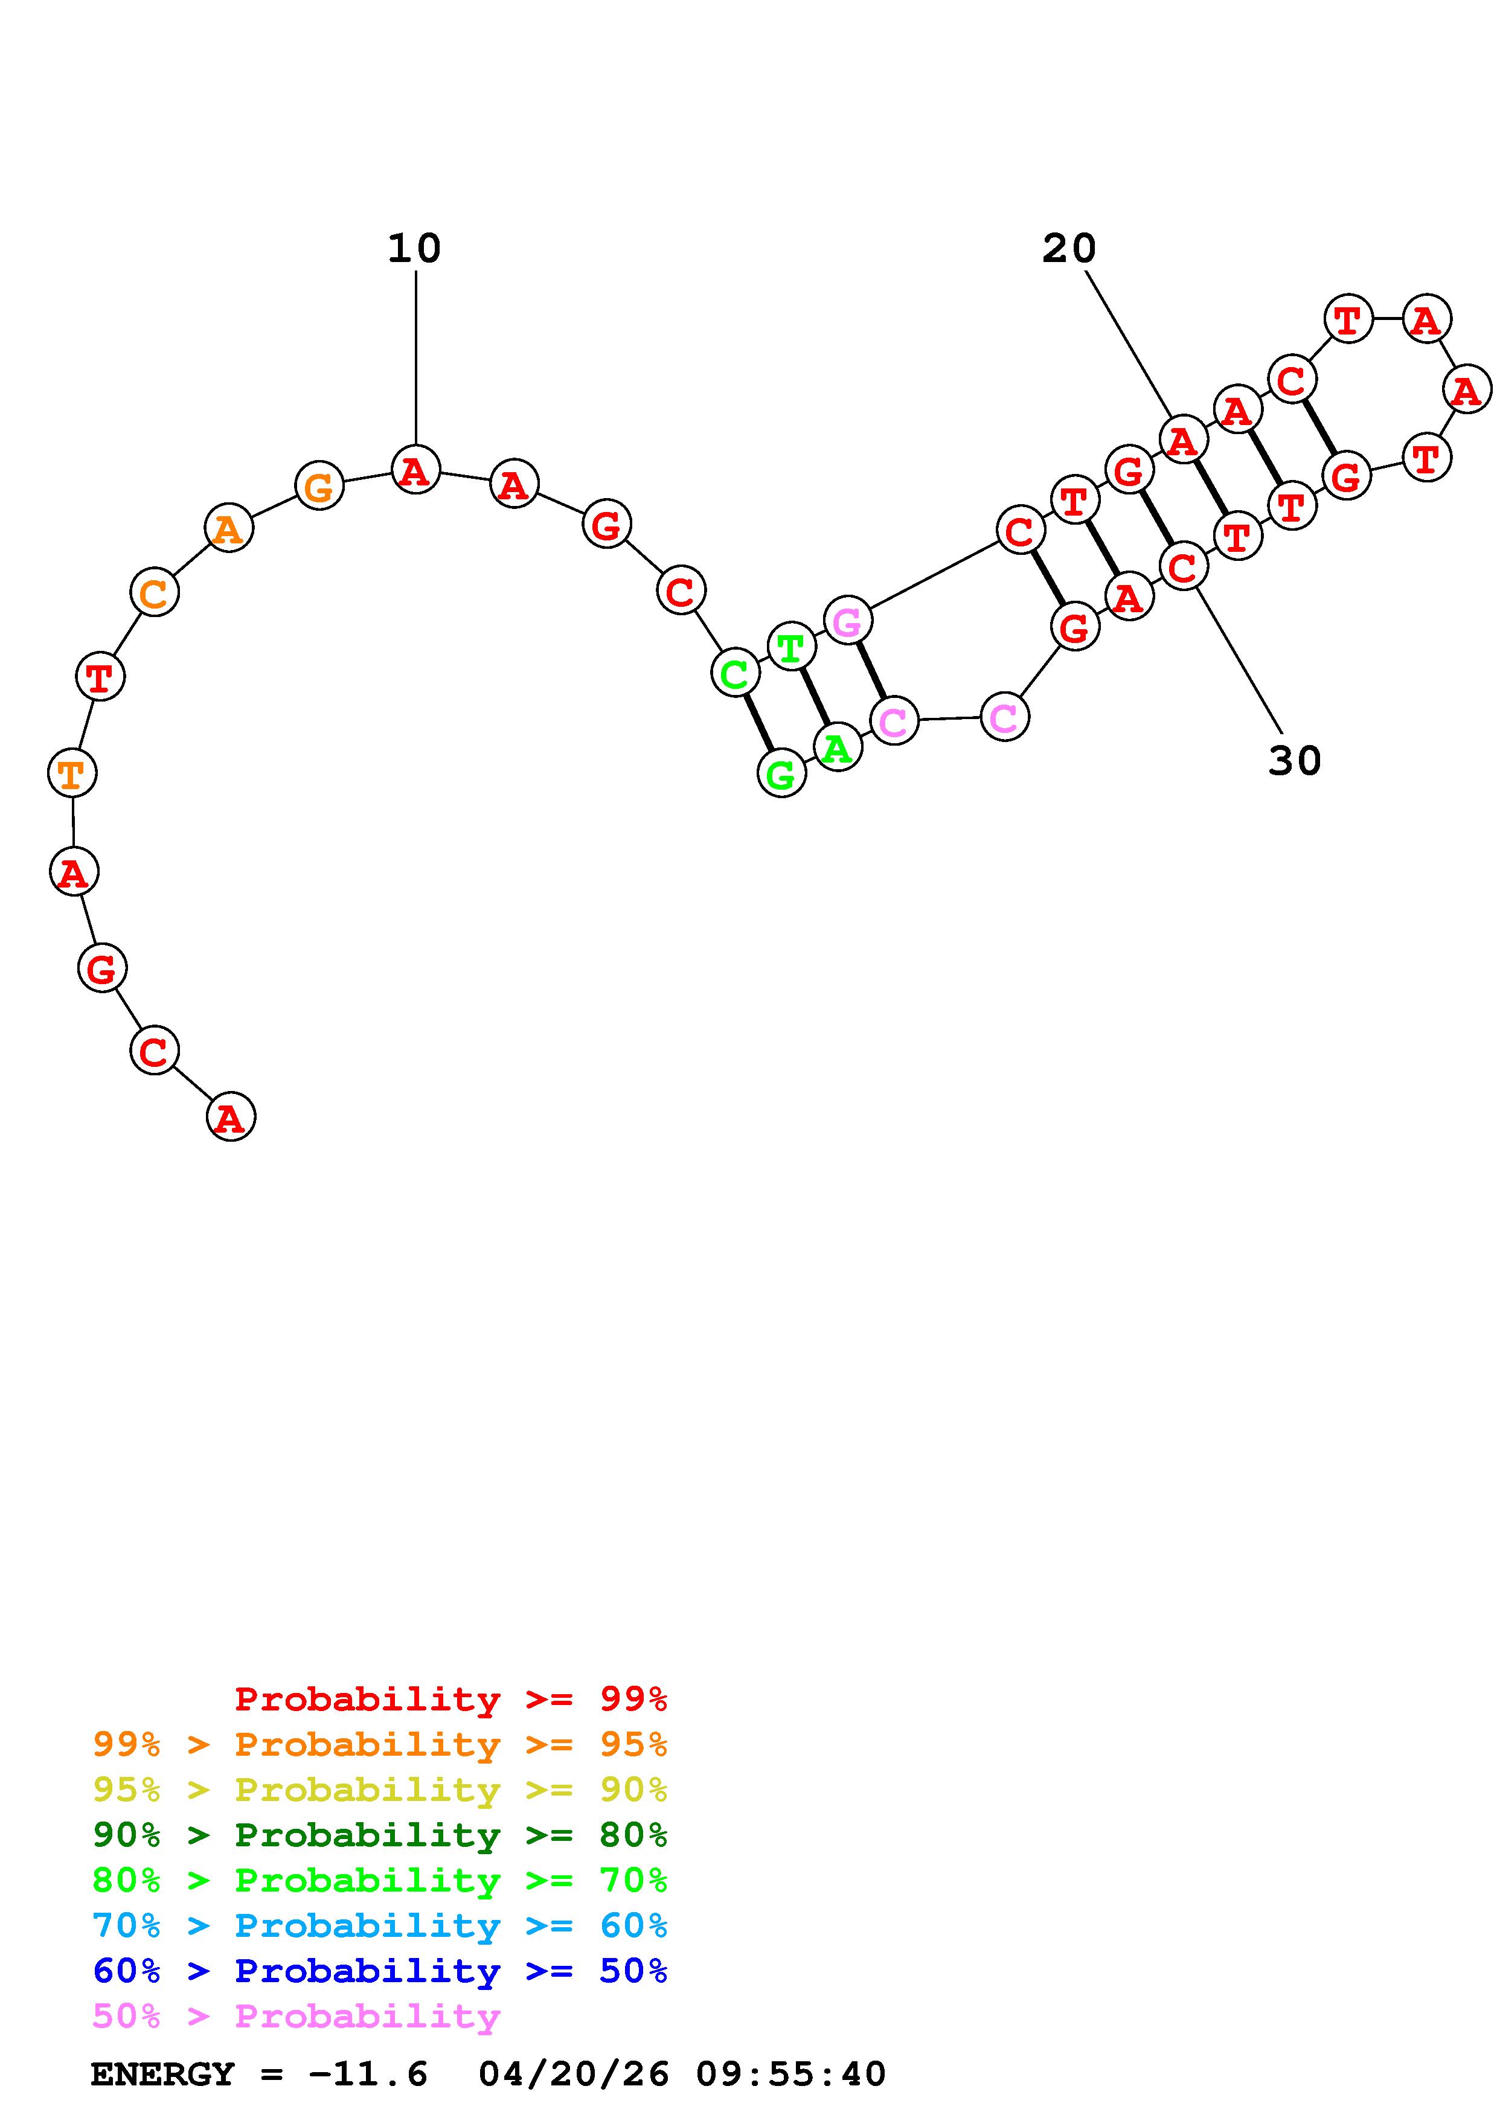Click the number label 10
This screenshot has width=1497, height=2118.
click(x=414, y=248)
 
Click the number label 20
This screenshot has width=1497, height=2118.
click(x=1069, y=248)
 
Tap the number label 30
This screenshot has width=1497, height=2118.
click(x=1295, y=761)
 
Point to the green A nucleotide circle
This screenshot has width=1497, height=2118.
click(x=838, y=746)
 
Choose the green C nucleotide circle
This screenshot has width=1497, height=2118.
click(x=735, y=673)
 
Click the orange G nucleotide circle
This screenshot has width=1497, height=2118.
click(x=319, y=485)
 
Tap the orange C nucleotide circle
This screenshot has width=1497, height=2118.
click(x=154, y=592)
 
